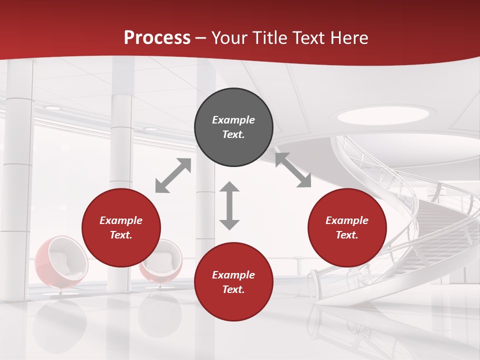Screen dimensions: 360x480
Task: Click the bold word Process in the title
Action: click(157, 38)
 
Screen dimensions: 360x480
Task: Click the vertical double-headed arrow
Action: click(229, 205)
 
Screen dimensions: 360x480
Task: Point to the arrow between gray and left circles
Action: click(173, 175)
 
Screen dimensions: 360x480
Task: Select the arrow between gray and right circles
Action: click(293, 170)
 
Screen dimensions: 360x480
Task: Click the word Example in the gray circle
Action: click(233, 120)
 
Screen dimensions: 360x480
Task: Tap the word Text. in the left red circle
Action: click(121, 235)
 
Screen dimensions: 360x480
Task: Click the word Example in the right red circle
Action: click(347, 220)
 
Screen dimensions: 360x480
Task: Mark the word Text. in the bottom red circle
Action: click(233, 289)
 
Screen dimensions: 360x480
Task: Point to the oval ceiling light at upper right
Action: click(383, 115)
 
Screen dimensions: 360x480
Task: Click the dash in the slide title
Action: click(201, 38)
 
